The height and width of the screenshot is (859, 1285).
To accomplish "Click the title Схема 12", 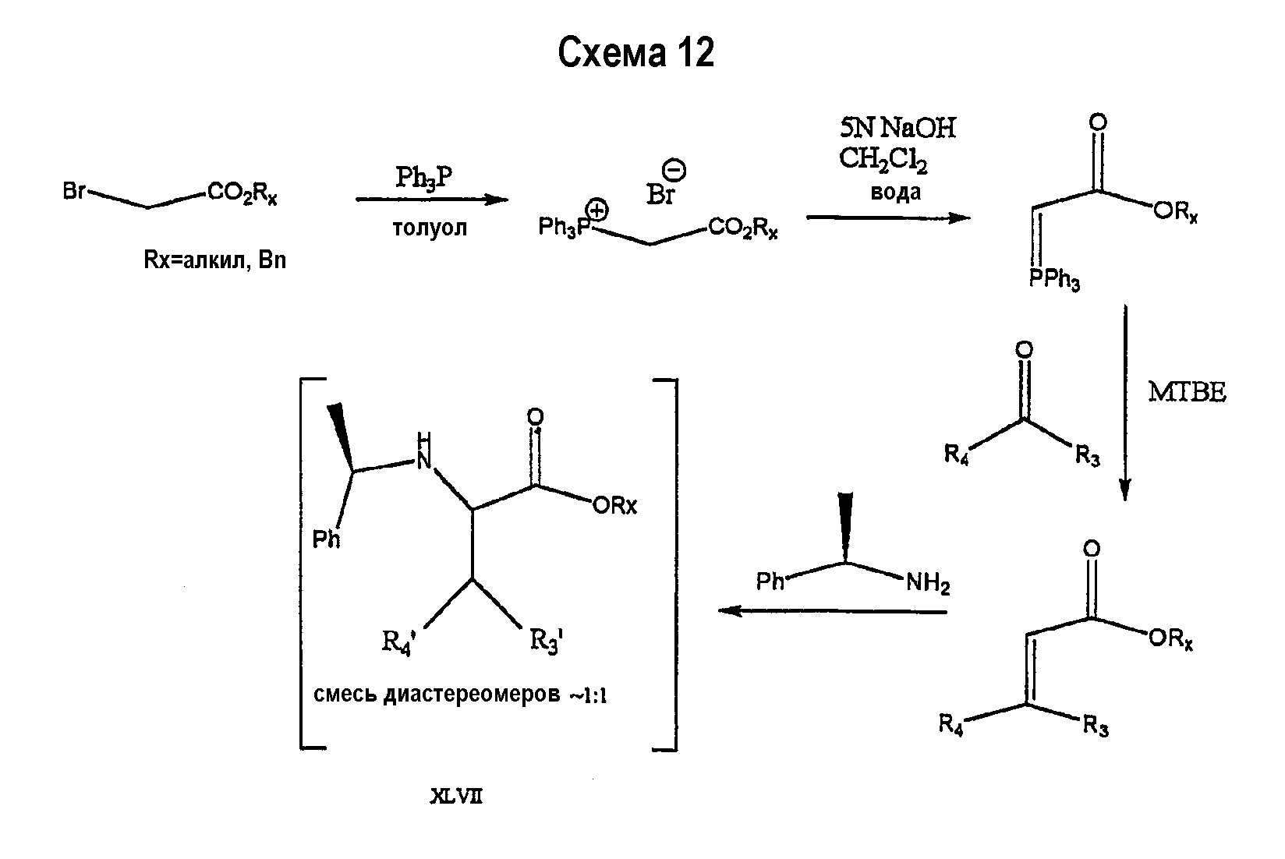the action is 635,52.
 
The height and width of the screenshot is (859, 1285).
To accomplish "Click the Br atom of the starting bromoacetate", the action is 74,190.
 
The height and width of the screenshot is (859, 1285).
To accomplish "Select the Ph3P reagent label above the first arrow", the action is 424,177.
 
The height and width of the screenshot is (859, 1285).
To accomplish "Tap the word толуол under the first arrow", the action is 430,228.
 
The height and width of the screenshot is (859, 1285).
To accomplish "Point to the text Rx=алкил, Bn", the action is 214,260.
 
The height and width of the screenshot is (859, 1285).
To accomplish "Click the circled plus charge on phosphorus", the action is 597,210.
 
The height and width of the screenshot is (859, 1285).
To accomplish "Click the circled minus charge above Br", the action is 674,170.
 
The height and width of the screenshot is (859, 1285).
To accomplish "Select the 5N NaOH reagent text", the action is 897,127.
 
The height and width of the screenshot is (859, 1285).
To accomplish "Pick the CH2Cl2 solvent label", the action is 883,160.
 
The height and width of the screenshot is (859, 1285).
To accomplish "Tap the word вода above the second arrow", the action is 895,192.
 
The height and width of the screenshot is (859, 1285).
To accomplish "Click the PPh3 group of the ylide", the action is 1054,279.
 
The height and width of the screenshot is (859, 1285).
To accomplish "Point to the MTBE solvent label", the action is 1187,392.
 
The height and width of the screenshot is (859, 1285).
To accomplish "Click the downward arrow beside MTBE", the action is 1125,402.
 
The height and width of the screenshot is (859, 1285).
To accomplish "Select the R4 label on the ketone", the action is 956,455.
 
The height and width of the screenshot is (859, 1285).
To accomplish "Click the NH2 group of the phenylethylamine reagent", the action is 928,583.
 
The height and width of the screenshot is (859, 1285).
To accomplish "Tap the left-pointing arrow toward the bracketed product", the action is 833,611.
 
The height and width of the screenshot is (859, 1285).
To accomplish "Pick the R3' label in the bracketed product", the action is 546,641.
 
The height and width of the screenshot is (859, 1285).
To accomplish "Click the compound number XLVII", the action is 456,796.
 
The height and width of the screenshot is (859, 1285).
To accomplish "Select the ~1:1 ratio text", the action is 588,695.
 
